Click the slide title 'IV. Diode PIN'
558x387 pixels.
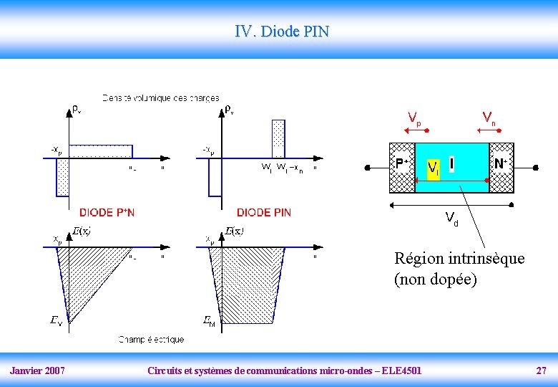[282, 32]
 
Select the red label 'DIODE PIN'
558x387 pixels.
[263, 212]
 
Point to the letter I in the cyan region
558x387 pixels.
[452, 164]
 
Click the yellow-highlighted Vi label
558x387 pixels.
[433, 168]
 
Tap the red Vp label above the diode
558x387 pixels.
[414, 118]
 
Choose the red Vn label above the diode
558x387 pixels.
[489, 117]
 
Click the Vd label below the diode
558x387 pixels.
[451, 218]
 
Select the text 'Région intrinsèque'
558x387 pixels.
[459, 258]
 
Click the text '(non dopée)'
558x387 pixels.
[435, 279]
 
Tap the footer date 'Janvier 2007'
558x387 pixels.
[37, 371]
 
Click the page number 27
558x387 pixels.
[542, 371]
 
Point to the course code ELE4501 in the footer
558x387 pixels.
[401, 371]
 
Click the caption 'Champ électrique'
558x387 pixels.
[151, 339]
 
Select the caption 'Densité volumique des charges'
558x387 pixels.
[160, 97]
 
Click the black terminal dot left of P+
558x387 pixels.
[368, 168]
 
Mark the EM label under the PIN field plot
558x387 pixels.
[209, 322]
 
